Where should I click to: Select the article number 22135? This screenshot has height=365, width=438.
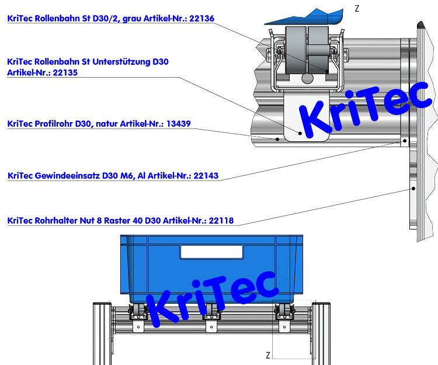(x=65, y=73)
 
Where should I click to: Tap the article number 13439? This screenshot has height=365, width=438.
(x=178, y=124)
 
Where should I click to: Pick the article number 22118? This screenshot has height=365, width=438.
(x=221, y=220)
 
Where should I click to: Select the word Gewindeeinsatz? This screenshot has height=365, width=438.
(x=66, y=175)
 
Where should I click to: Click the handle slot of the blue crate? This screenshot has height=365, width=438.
(x=211, y=252)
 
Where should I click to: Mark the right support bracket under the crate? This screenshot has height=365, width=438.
(x=284, y=326)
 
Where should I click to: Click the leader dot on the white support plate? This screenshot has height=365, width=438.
(x=301, y=133)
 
